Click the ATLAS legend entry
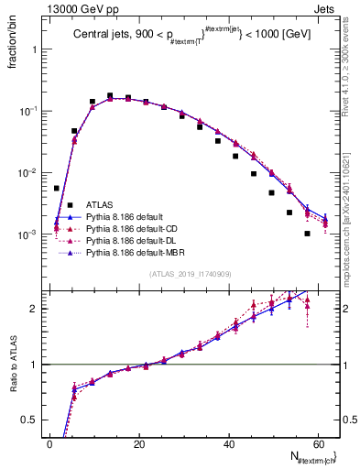pos(100,204)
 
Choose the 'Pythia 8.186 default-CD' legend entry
pos(131,228)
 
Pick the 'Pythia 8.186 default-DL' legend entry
pos(130,240)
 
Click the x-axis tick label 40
pos(229,443)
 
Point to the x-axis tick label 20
pos(139,443)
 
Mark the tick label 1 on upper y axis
pos(34,49)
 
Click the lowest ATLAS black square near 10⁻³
pos(308,234)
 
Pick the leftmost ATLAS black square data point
pos(57,188)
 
